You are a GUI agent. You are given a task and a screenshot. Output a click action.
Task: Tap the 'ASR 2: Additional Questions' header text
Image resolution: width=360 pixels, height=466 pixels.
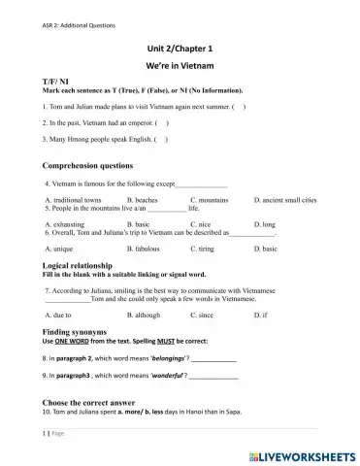point(50,12)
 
